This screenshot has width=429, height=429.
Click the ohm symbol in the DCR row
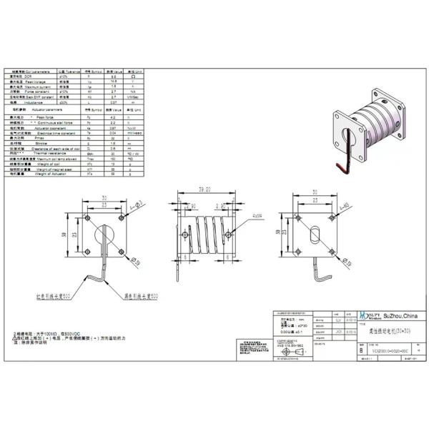tap(133, 77)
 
